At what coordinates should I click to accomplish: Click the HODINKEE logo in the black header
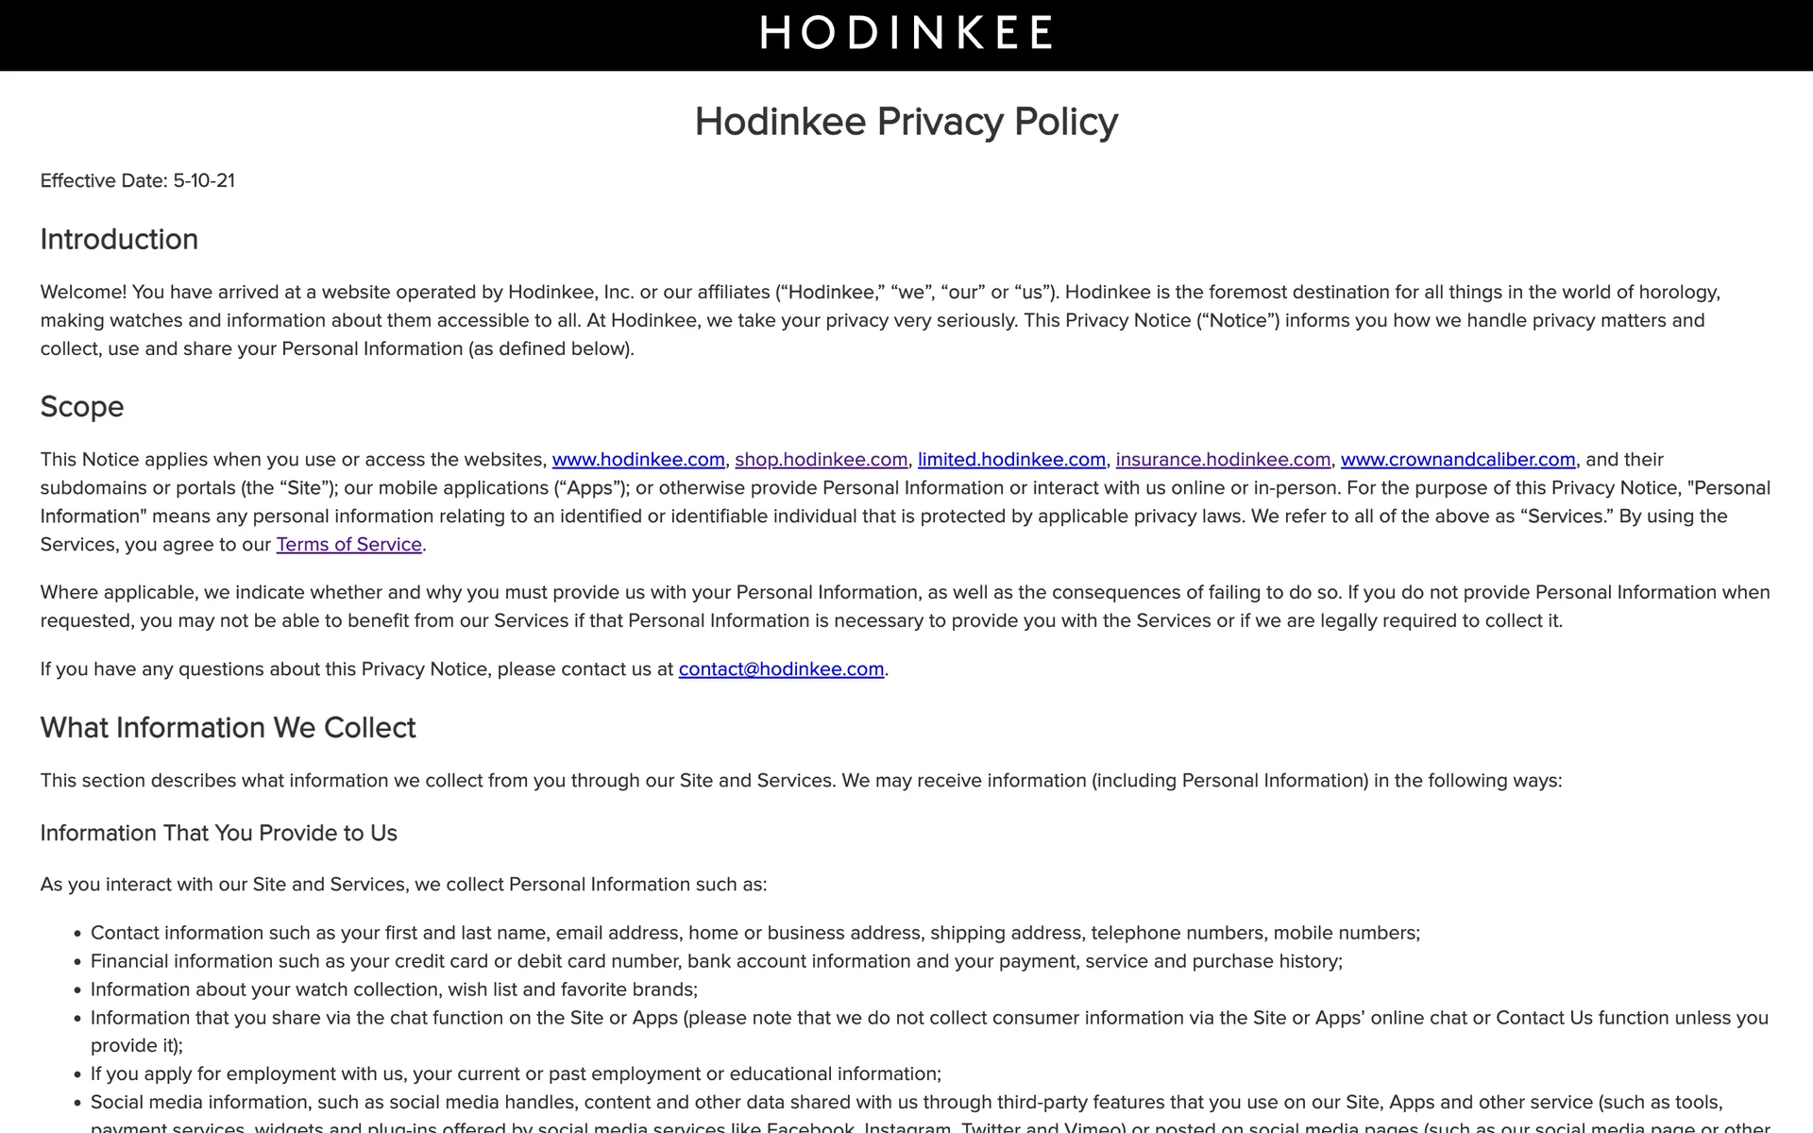click(906, 32)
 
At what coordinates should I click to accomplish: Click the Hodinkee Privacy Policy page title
click(906, 122)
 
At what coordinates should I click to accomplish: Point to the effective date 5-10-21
click(204, 180)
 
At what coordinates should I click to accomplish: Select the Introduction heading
click(119, 240)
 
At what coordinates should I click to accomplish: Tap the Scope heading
click(82, 407)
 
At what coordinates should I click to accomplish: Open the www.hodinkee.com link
click(638, 460)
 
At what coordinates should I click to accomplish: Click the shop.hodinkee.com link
click(821, 460)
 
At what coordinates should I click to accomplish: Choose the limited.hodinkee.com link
click(1011, 460)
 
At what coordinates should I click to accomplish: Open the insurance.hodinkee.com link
click(1223, 460)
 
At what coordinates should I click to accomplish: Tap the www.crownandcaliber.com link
click(1458, 460)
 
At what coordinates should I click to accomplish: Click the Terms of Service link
click(348, 545)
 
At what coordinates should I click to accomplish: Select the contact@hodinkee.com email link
click(781, 669)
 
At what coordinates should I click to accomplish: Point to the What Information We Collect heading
click(228, 728)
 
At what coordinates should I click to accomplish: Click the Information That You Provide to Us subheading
click(218, 834)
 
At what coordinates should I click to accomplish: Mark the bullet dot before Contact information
click(77, 934)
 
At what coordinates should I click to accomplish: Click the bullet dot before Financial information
click(77, 962)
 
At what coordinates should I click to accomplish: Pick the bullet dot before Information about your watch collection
click(77, 990)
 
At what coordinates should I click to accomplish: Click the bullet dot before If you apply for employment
click(77, 1074)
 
